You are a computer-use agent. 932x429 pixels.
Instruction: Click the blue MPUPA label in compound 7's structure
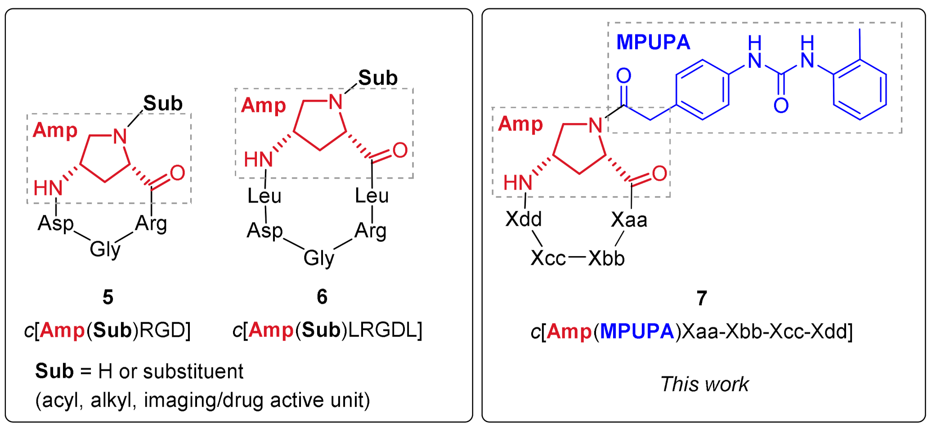tap(653, 42)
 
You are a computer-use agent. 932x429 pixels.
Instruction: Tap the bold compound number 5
tap(108, 297)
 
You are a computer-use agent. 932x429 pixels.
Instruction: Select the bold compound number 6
tap(322, 297)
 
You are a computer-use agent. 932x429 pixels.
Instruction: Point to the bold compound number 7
tap(702, 298)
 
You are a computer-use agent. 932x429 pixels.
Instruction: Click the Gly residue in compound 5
tap(105, 249)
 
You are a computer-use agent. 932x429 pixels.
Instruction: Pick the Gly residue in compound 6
tap(318, 258)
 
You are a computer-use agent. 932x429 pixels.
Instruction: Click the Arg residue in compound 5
tap(151, 223)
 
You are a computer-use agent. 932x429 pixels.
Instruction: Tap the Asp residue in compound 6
tap(264, 231)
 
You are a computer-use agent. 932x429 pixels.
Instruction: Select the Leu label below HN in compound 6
tap(264, 196)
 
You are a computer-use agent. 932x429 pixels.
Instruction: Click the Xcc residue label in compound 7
tap(548, 258)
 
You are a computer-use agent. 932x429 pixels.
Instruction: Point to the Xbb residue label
tap(606, 258)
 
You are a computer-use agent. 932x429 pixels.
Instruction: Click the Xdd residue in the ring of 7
tap(524, 219)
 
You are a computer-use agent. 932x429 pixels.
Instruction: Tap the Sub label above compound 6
tap(378, 78)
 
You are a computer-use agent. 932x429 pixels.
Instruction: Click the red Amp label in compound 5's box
tap(55, 130)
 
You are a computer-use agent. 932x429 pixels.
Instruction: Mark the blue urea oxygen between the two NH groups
tap(781, 106)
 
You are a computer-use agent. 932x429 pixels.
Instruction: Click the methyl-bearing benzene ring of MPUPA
tap(860, 89)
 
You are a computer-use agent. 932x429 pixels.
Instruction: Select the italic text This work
tap(704, 385)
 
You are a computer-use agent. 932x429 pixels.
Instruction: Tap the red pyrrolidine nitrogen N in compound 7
tap(596, 125)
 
